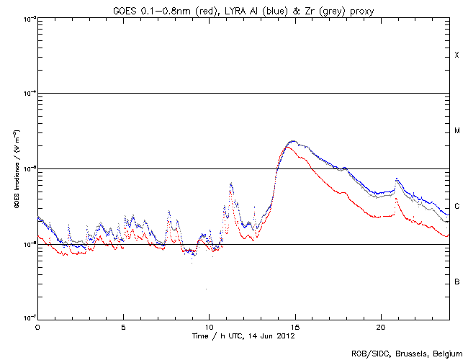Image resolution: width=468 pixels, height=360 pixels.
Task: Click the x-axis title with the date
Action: click(x=243, y=336)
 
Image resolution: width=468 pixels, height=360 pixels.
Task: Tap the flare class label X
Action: click(x=456, y=55)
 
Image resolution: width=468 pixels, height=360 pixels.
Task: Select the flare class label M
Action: click(x=456, y=131)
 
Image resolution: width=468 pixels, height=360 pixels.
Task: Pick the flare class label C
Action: click(x=456, y=207)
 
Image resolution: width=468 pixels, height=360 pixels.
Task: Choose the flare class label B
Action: click(x=456, y=282)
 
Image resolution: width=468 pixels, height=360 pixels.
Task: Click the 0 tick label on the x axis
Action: click(x=37, y=326)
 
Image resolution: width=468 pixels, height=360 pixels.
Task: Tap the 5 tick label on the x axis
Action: click(x=123, y=326)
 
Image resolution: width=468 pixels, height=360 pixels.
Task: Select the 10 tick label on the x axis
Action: click(x=209, y=326)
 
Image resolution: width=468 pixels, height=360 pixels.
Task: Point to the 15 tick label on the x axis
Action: click(x=294, y=326)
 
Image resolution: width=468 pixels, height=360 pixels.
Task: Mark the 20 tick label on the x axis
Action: click(x=380, y=326)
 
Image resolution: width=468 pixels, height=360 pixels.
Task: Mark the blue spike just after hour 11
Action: click(x=230, y=184)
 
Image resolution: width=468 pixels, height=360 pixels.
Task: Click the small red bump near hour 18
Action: click(x=346, y=194)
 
